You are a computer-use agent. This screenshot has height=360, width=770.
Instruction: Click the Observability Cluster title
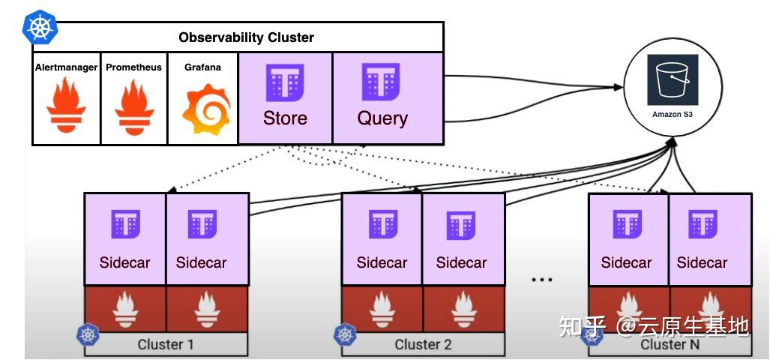point(246,37)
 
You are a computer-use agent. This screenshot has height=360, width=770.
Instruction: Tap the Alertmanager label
point(66,67)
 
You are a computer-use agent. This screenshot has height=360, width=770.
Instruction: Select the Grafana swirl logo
point(202,107)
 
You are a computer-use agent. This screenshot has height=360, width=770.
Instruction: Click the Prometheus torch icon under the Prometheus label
point(134,106)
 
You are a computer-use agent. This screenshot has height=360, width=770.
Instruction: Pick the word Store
point(285,118)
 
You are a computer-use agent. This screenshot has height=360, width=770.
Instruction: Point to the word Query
point(382,118)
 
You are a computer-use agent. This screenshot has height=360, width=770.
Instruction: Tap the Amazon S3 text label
point(672,115)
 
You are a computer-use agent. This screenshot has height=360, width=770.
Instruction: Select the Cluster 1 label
point(166,345)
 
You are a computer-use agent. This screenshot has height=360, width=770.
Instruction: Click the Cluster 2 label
point(424,345)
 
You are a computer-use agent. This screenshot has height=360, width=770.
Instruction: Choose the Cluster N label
point(669,345)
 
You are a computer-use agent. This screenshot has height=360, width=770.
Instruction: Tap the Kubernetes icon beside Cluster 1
point(88,334)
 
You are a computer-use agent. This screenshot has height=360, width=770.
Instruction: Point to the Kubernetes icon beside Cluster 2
point(346,334)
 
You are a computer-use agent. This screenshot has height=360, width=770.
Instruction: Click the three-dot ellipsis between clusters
point(541,280)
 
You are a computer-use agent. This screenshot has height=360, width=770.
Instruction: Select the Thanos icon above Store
point(285,82)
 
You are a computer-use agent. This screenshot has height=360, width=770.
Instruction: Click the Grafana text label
point(202,67)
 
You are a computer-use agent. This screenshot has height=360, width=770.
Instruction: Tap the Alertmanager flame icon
point(66,106)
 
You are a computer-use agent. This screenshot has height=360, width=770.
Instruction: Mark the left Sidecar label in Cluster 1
point(124,263)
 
